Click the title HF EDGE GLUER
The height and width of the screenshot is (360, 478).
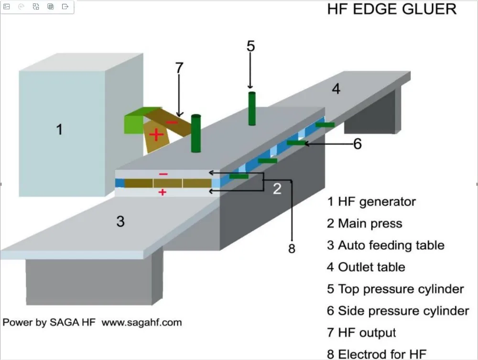click(392, 9)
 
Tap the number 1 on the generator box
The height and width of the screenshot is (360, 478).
click(59, 129)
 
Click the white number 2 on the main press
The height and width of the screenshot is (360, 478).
click(277, 189)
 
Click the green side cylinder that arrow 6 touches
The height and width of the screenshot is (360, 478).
click(296, 142)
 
